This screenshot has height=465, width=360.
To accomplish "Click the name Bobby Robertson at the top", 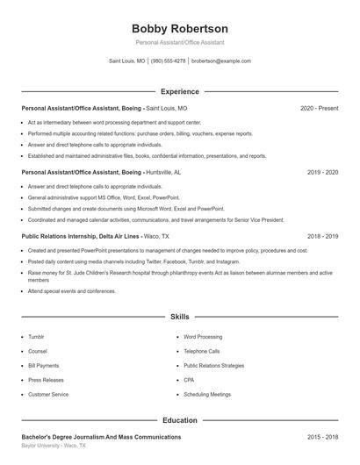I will tap(179, 28).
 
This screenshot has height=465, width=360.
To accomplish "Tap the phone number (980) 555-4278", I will tap(169, 61).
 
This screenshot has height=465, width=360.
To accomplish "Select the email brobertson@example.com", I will tap(221, 61).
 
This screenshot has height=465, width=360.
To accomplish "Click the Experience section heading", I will tap(179, 91).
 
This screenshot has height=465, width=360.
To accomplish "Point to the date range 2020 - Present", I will tap(319, 109).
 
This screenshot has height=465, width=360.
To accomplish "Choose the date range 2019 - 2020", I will tap(322, 173).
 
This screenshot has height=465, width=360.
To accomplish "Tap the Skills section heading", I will tap(179, 316).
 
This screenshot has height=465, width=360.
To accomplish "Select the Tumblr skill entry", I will tap(36, 336).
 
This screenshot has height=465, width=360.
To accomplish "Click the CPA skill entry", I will tap(189, 380).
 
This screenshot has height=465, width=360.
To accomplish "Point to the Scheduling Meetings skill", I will tap(207, 395).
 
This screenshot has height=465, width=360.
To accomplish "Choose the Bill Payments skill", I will tap(43, 365).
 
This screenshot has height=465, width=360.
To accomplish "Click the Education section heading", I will tap(179, 420).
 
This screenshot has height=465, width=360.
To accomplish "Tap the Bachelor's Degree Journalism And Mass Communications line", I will tap(101, 437).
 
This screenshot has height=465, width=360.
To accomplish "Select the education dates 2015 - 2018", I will tap(322, 437).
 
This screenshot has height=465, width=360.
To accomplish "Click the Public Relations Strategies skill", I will tap(213, 365).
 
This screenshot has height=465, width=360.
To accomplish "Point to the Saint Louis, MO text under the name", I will tap(126, 61).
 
